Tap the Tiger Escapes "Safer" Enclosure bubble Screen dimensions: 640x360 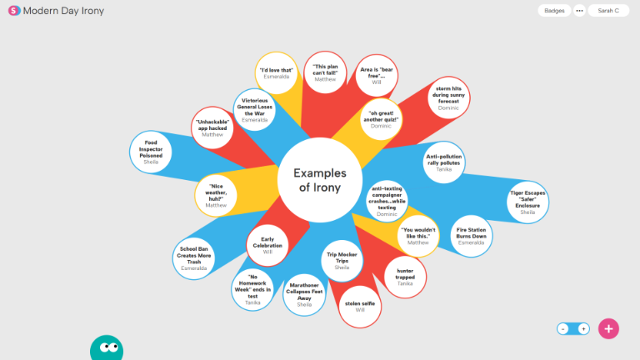click(527, 202)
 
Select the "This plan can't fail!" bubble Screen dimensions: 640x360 click(324, 72)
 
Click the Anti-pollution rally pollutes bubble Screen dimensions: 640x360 click(444, 162)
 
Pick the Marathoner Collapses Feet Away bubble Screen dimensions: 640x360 click(304, 295)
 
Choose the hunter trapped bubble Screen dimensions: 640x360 click(405, 277)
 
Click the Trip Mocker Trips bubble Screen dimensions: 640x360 click(342, 261)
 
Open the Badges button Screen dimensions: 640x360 click(553, 11)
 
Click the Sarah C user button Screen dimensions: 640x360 click(608, 11)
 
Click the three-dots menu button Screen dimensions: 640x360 click(579, 11)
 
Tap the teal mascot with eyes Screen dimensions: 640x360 click(109, 347)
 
